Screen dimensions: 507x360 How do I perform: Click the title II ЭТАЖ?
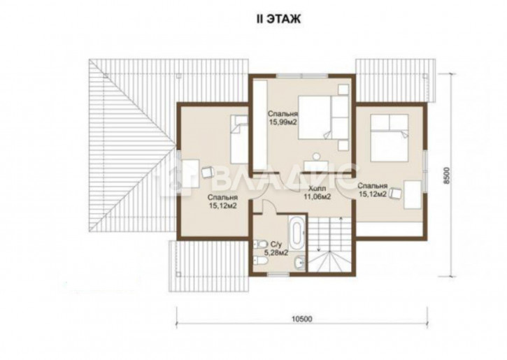click(278, 19)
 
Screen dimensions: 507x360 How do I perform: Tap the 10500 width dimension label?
click(302, 319)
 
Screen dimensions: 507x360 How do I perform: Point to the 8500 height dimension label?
click(447, 175)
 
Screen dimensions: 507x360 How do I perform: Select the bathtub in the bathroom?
click(297, 232)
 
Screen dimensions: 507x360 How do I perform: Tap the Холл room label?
click(318, 189)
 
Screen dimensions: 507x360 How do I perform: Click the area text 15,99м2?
click(283, 122)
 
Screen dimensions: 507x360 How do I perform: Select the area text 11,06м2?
click(317, 196)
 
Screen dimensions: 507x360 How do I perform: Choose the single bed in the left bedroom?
click(239, 140)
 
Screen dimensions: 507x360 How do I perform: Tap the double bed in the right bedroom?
click(390, 138)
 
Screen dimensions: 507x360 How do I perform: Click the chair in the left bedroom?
click(207, 171)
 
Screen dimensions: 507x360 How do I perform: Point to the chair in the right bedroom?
click(395, 193)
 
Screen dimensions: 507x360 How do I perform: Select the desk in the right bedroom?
click(413, 194)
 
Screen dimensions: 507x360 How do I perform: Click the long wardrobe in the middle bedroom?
click(260, 125)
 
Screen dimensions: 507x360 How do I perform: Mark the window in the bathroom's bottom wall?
click(279, 274)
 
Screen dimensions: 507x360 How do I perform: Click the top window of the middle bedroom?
click(302, 75)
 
